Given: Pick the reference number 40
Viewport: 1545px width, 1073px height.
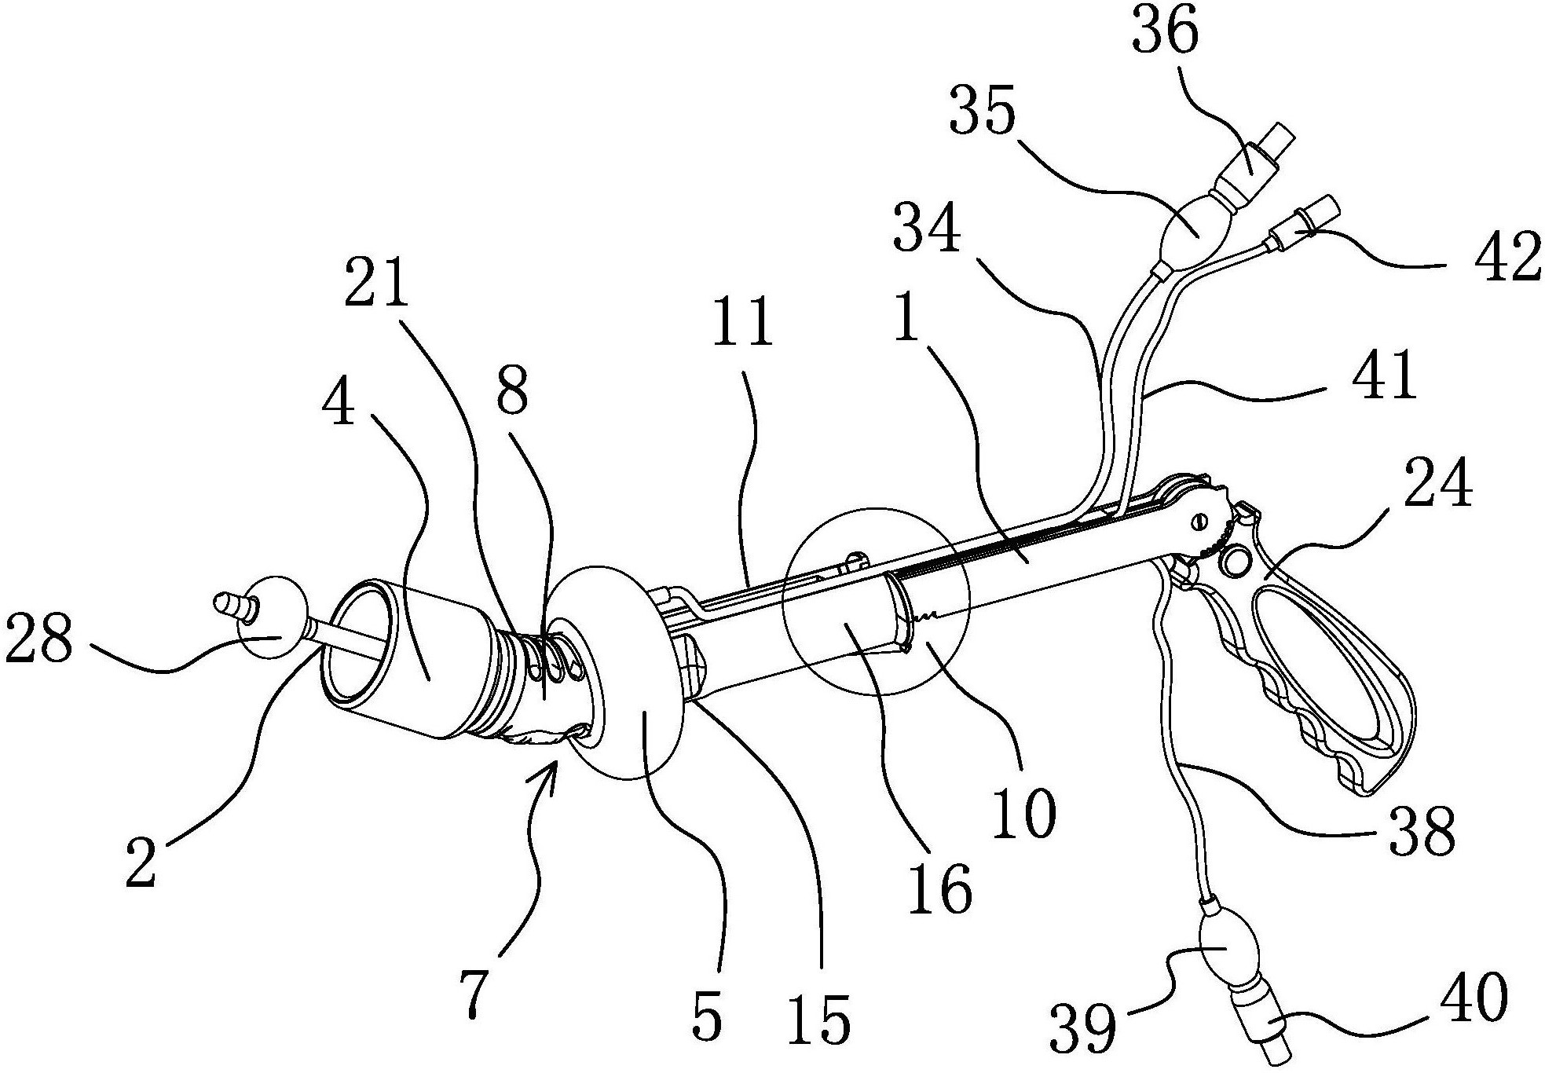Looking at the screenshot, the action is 1474,998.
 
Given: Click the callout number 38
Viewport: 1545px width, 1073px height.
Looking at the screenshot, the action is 1422,831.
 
